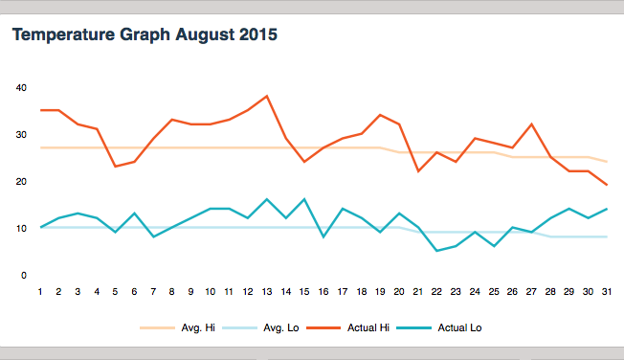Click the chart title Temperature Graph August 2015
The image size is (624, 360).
[x=145, y=36]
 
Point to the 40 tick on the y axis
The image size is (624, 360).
[x=21, y=87]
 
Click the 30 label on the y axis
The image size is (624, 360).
[x=21, y=134]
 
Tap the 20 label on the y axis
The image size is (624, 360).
[x=21, y=181]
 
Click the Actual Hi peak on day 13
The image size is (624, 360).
[x=267, y=96]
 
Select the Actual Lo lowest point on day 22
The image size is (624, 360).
[x=437, y=251]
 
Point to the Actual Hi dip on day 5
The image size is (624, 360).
[x=116, y=167]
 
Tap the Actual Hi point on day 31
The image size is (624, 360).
[x=608, y=185]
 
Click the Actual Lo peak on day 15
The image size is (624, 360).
[x=304, y=199]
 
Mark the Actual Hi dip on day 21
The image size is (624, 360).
[x=418, y=171]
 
